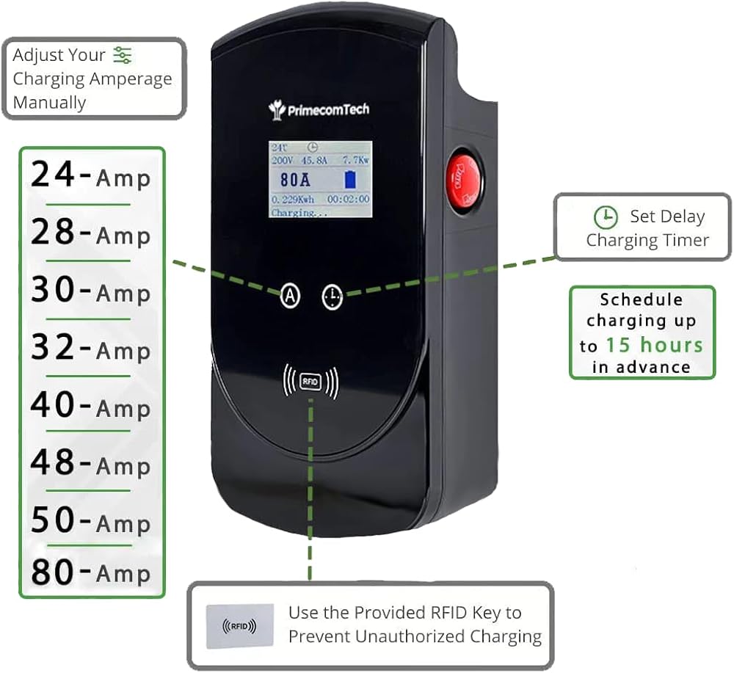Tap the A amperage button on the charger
[291, 296]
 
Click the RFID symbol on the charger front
[310, 382]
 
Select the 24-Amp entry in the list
[90, 176]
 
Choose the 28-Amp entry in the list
[90, 233]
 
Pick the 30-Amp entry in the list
[90, 291]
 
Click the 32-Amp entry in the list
[90, 348]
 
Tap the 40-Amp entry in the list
[90, 405]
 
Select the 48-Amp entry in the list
[90, 463]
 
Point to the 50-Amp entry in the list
[90, 521]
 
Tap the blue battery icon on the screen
[351, 179]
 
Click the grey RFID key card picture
[239, 625]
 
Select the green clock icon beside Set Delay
[605, 217]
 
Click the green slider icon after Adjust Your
[123, 55]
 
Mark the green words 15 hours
[654, 344]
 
